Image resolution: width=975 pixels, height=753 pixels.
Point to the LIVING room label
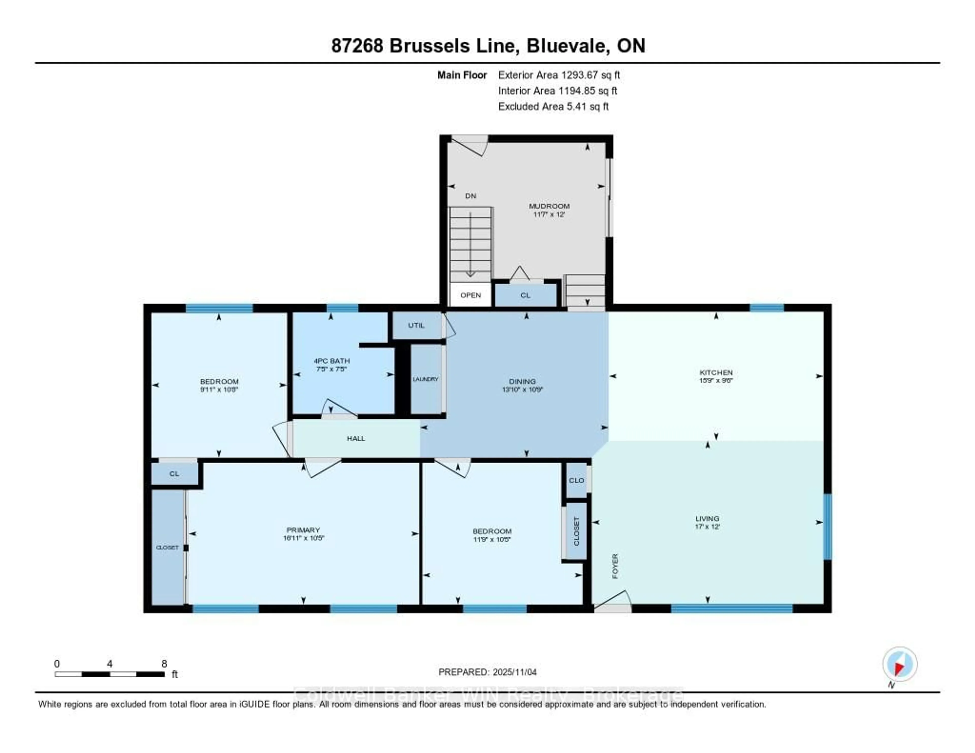pyautogui.click(x=707, y=518)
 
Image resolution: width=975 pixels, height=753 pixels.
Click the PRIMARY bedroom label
pyautogui.click(x=303, y=530)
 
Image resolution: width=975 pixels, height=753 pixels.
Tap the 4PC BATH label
pyautogui.click(x=332, y=361)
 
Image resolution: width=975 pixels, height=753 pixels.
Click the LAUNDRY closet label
pyautogui.click(x=426, y=379)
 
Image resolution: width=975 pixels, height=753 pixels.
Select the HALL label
pyautogui.click(x=356, y=438)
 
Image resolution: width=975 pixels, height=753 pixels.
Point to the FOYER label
pyautogui.click(x=615, y=566)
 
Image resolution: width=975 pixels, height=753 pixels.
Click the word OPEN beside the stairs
pyautogui.click(x=470, y=295)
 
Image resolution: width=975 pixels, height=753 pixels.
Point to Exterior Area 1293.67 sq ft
pyautogui.click(x=559, y=75)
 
